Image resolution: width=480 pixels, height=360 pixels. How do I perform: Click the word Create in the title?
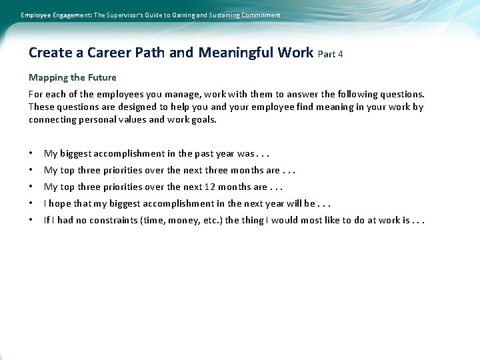point(49,52)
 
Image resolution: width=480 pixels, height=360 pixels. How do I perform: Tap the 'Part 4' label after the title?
point(331,54)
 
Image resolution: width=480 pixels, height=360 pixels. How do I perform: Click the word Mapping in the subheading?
point(47,78)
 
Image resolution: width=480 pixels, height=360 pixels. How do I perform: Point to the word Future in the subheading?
point(102,77)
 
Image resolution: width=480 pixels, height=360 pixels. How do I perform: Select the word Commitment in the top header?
point(257,15)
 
